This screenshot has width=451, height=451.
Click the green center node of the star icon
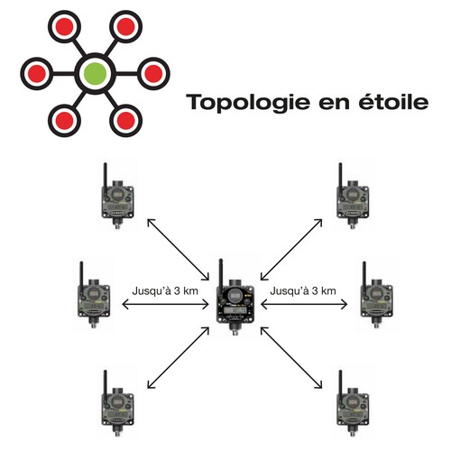tap(95, 73)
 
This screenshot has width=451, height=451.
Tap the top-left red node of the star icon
tap(64, 26)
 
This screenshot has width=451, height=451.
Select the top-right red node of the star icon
tap(125, 26)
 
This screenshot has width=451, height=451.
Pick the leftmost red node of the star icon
tap(37, 73)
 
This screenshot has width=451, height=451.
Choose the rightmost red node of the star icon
tap(153, 73)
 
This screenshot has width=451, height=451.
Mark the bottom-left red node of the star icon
tap(64, 121)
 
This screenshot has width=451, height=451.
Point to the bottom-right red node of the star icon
tap(125, 121)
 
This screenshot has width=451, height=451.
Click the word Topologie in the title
tap(248, 103)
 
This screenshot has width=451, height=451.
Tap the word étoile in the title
tap(393, 101)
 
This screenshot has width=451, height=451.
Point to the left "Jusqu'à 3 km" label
tap(165, 291)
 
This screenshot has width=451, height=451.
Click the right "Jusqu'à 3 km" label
tap(303, 291)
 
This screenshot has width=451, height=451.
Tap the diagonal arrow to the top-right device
tap(291, 250)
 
